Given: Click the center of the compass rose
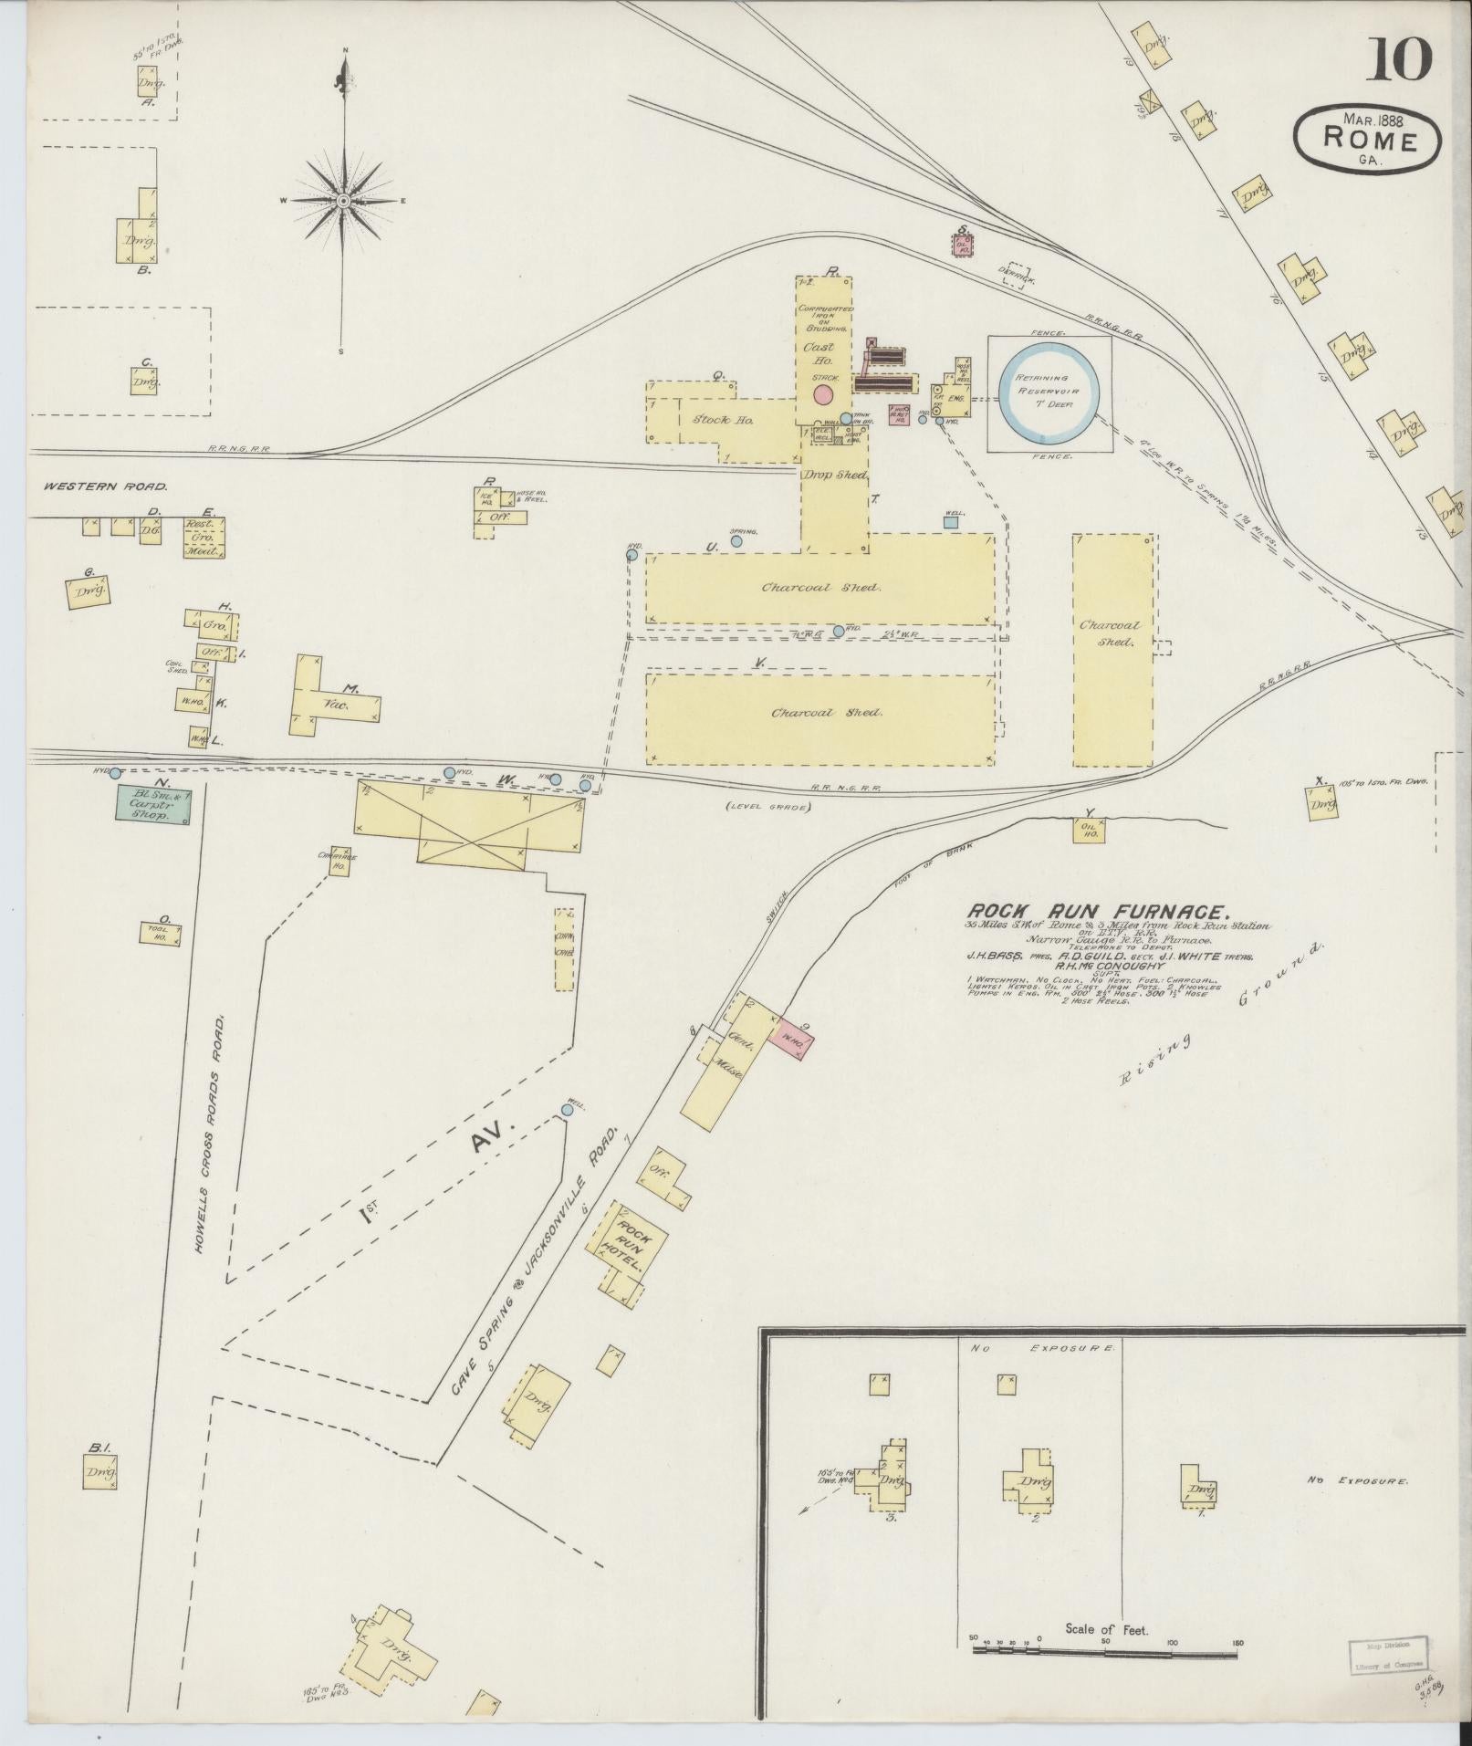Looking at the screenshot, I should coord(343,201).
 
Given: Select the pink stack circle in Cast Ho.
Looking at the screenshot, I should coord(823,394).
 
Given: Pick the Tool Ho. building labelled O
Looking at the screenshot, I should coord(162,933).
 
